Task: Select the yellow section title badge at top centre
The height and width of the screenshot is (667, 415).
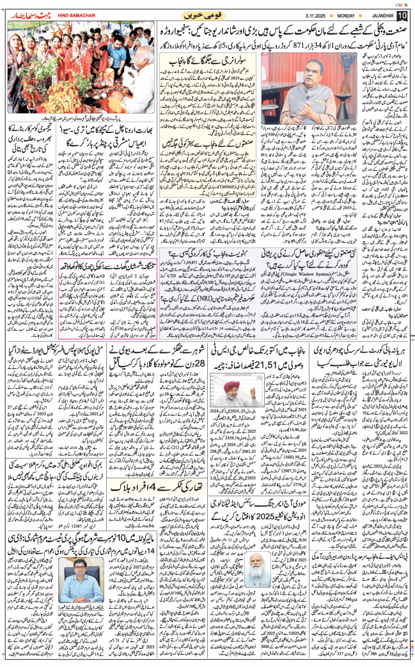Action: pyautogui.click(x=205, y=15)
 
